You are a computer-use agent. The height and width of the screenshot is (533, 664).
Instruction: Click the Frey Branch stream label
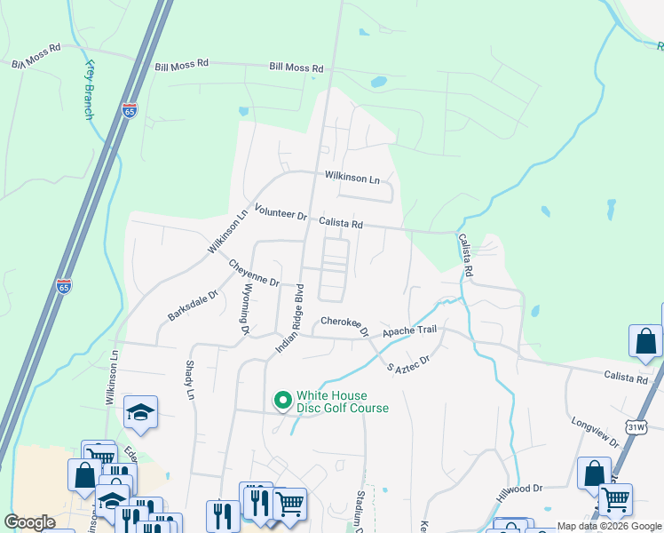(x=89, y=91)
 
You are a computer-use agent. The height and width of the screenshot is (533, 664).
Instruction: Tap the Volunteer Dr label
(x=280, y=213)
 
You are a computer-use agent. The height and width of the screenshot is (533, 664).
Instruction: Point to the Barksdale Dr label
(x=193, y=306)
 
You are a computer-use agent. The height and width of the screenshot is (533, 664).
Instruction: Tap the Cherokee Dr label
(x=344, y=325)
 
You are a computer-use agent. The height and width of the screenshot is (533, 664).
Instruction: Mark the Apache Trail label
(x=410, y=330)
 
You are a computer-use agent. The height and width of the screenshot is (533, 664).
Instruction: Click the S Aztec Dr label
(x=408, y=363)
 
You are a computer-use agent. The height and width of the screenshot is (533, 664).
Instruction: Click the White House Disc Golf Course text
(x=343, y=402)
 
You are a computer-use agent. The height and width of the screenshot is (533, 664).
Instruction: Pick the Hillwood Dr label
(x=520, y=489)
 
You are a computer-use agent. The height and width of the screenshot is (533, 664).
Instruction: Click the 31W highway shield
(x=636, y=427)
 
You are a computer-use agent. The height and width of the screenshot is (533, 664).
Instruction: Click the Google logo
(x=30, y=522)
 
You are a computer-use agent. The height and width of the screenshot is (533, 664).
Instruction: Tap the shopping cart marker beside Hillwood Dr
(x=614, y=499)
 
